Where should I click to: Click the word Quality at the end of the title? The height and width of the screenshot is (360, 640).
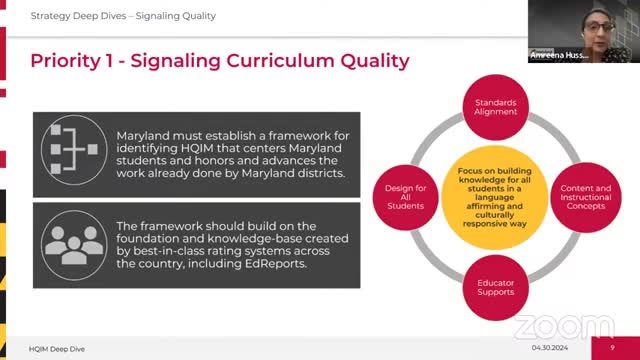367,61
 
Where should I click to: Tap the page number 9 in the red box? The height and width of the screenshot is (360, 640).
612,347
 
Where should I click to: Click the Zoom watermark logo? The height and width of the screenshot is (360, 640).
553,327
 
